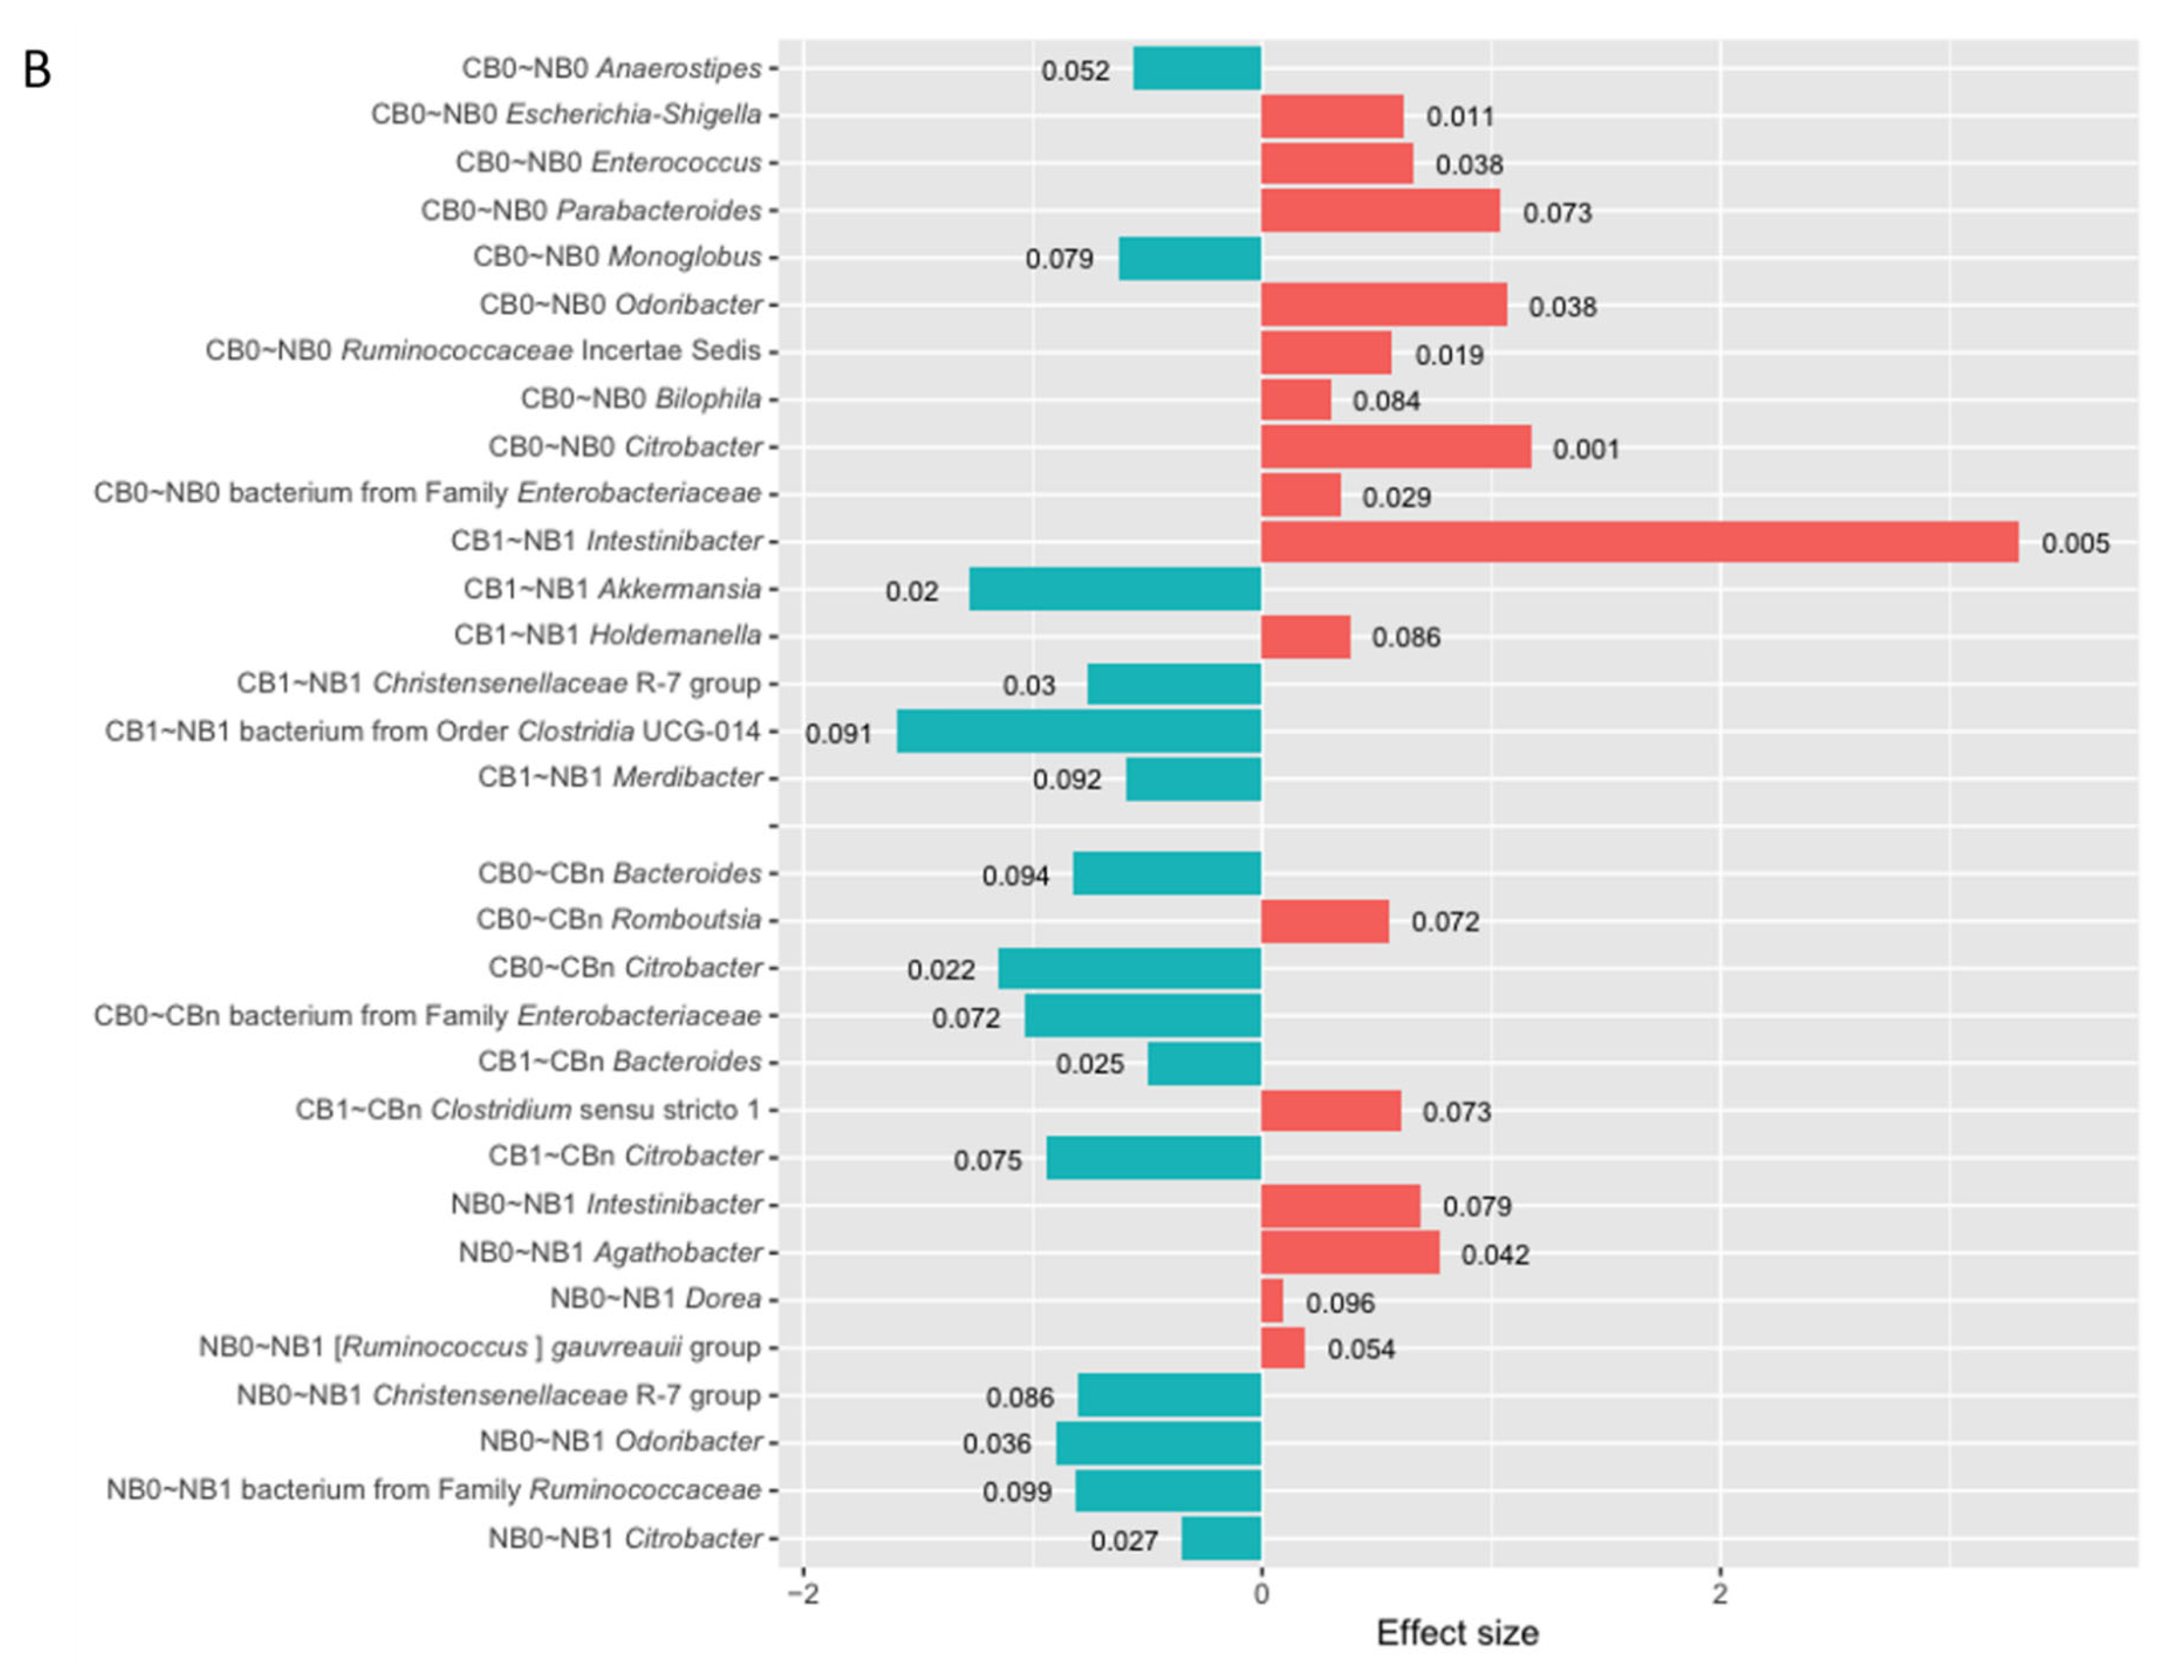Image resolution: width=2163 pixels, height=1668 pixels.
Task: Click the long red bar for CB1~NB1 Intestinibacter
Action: [x=1639, y=542]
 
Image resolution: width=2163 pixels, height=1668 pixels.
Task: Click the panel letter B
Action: [x=37, y=70]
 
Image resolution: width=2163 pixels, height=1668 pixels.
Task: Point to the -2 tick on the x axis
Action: [x=802, y=1594]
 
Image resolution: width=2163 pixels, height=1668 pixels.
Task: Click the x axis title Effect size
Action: [x=1457, y=1633]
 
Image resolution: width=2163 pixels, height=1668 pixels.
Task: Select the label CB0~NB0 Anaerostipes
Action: [x=611, y=68]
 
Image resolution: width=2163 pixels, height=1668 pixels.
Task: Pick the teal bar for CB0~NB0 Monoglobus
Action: [x=1189, y=258]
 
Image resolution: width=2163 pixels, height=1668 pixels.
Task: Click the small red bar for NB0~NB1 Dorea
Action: [x=1272, y=1301]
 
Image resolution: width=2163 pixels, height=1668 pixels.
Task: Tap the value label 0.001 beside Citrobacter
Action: [x=1585, y=449]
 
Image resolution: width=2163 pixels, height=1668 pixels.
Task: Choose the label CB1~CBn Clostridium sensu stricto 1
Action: [x=528, y=1110]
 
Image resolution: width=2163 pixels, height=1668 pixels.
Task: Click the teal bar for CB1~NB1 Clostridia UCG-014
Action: [x=1079, y=731]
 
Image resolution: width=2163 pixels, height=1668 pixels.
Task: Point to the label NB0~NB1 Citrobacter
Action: [x=625, y=1538]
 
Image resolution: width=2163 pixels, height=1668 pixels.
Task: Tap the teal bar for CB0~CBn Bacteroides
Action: [x=1166, y=874]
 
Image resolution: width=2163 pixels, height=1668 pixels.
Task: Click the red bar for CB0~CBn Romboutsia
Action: [x=1324, y=921]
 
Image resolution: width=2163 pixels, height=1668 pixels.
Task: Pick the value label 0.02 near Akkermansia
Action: [x=911, y=591]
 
